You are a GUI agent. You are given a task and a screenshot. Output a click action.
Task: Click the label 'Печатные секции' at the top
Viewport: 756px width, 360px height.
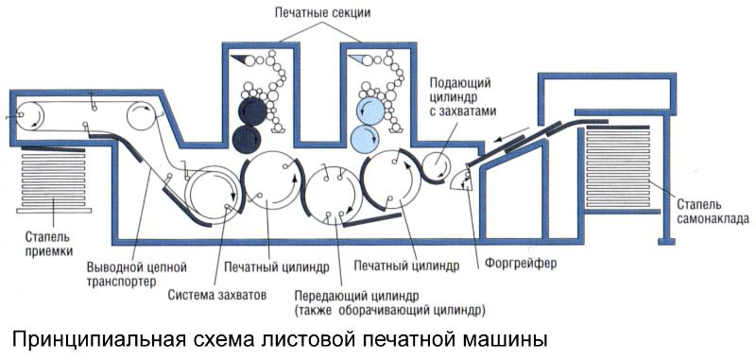coord(322,12)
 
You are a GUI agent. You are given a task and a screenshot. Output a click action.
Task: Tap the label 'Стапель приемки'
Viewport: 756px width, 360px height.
coord(50,244)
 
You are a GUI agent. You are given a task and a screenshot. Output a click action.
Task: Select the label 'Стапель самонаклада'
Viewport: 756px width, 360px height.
coord(713,211)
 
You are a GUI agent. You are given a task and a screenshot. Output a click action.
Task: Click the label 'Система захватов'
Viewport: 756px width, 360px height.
coord(217,295)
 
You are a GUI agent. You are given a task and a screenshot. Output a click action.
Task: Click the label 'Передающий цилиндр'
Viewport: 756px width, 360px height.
coord(357,295)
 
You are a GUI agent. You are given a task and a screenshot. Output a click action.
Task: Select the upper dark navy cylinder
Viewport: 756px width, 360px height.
coord(252,111)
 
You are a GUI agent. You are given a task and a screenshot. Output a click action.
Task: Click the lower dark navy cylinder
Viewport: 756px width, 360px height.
coord(247,138)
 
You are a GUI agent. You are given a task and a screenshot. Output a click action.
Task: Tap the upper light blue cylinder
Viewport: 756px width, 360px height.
coord(370,111)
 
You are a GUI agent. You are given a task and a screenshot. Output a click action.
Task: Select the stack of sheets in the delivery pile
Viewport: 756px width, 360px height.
coord(53,180)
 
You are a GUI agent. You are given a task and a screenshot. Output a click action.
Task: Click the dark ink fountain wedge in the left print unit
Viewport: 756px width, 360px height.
coord(241,60)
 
